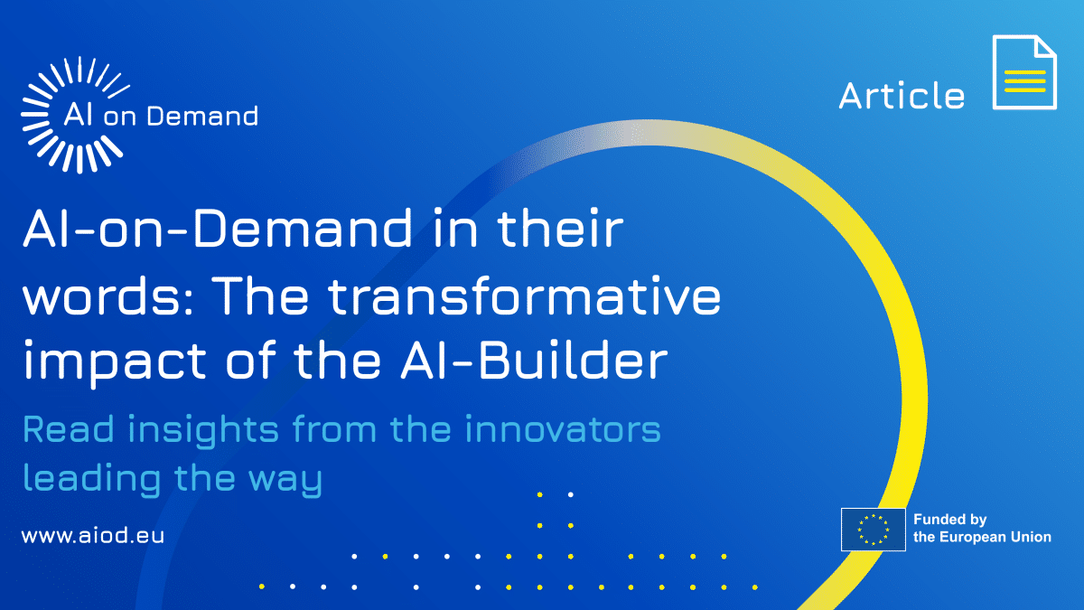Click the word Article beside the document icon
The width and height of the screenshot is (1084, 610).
pyautogui.click(x=902, y=96)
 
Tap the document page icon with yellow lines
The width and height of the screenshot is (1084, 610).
pyautogui.click(x=1024, y=72)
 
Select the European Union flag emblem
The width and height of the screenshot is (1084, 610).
pyautogui.click(x=873, y=530)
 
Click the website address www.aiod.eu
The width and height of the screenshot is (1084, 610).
pyautogui.click(x=93, y=536)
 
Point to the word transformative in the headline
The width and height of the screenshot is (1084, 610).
pyautogui.click(x=525, y=296)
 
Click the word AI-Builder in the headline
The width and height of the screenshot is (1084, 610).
pyautogui.click(x=534, y=361)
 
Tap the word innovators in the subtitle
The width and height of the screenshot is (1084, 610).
pyautogui.click(x=563, y=429)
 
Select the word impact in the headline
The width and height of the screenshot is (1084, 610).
pyautogui.click(x=115, y=364)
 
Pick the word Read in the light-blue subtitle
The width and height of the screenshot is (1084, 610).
pyautogui.click(x=69, y=429)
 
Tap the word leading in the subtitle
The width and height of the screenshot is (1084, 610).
pyautogui.click(x=92, y=479)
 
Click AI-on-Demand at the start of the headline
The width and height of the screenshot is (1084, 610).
pyautogui.click(x=218, y=228)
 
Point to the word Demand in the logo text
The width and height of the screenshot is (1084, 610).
pyautogui.click(x=202, y=117)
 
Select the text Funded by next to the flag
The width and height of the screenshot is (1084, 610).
pyautogui.click(x=950, y=520)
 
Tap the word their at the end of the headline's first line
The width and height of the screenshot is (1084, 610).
pyautogui.click(x=561, y=228)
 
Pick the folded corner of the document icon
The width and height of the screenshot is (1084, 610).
pyautogui.click(x=1045, y=47)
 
